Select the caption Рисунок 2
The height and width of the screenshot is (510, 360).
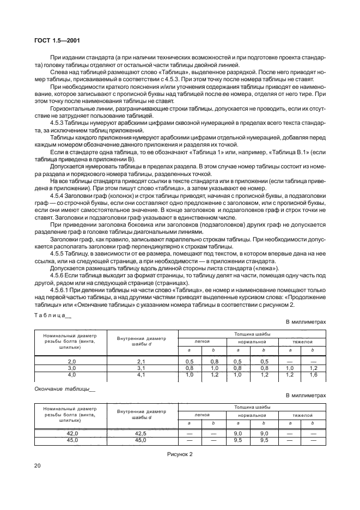(180, 453)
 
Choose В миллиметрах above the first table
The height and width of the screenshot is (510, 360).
(306, 322)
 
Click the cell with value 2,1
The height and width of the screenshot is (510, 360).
(142, 362)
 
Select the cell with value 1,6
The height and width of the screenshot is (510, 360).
(313, 375)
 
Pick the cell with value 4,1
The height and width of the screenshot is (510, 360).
(142, 375)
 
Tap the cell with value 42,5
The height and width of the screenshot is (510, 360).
(142, 433)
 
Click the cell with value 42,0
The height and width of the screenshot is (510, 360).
(71, 433)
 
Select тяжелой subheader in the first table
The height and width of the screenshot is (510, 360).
(302, 341)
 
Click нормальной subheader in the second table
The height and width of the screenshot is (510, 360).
(252, 415)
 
